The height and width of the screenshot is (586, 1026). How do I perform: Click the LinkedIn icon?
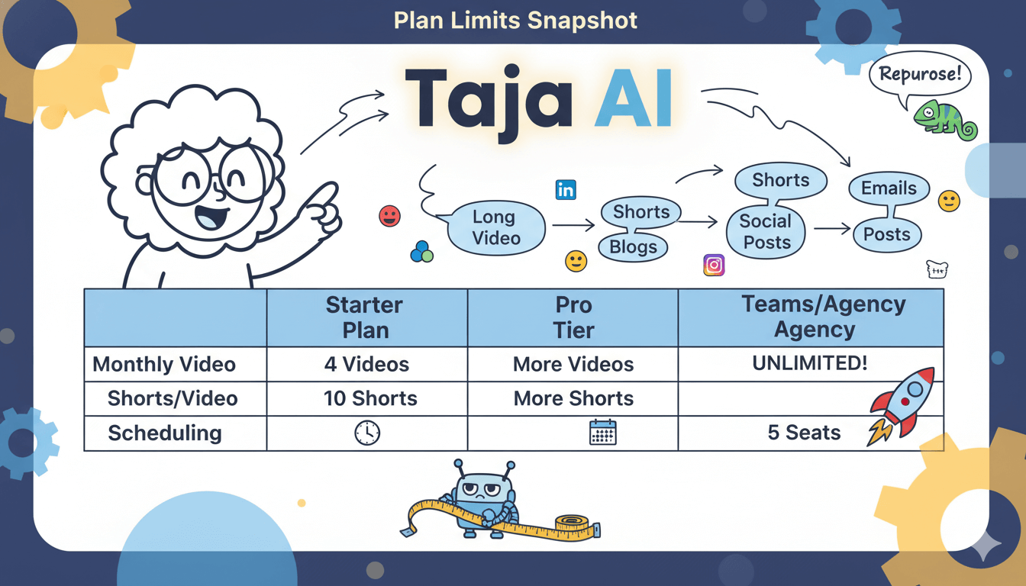[x=566, y=190]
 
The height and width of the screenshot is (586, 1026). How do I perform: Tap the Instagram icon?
[x=714, y=265]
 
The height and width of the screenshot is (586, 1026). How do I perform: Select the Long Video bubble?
[x=496, y=227]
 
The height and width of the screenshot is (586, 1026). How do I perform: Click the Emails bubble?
[x=889, y=188]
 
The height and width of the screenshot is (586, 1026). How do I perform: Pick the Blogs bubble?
[x=633, y=247]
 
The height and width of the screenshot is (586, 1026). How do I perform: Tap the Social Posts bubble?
[x=766, y=232]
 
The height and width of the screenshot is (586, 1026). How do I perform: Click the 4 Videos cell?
[x=366, y=364]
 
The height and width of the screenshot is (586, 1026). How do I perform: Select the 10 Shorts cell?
[x=366, y=398]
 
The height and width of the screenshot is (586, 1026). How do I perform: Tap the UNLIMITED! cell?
[x=810, y=363]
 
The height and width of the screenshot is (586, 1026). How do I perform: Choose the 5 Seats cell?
[x=804, y=433]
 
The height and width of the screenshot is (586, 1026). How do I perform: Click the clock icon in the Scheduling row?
[x=367, y=433]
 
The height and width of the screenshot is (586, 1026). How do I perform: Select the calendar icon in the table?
[x=602, y=433]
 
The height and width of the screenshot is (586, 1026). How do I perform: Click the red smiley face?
[x=389, y=216]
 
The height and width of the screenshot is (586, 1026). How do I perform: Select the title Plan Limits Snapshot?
[x=515, y=20]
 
